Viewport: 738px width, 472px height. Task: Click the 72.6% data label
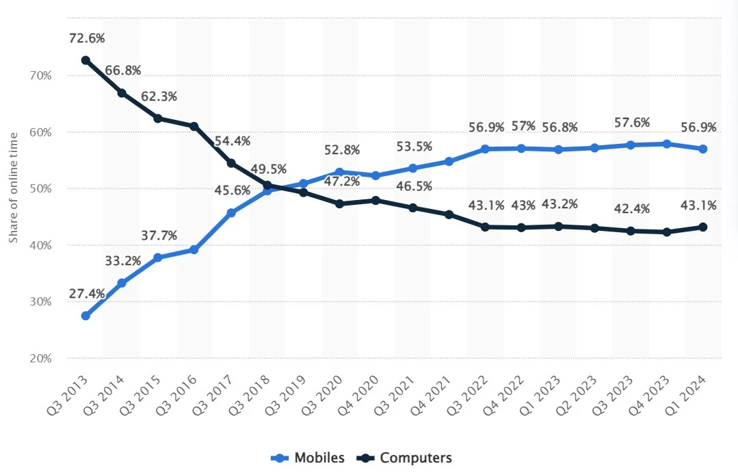click(87, 38)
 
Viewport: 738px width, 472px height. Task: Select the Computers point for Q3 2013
click(85, 60)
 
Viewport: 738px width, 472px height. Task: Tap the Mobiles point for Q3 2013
click(85, 316)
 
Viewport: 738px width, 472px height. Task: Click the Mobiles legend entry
click(308, 458)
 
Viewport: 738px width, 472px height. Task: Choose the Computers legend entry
click(404, 458)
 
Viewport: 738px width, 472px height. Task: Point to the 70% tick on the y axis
click(40, 76)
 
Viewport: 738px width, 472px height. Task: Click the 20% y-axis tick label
click(40, 358)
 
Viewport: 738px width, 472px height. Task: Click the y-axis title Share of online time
click(13, 188)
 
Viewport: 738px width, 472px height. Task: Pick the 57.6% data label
click(632, 123)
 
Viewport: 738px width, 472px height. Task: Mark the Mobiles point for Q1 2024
click(703, 149)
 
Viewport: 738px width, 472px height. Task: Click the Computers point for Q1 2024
click(703, 227)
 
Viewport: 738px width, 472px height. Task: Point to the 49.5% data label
click(269, 169)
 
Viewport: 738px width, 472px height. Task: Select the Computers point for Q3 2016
click(194, 126)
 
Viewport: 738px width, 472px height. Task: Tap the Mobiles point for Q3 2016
click(194, 249)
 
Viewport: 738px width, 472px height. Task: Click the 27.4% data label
click(87, 294)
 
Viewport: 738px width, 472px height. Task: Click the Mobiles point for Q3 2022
click(485, 149)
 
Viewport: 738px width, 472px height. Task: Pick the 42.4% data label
click(632, 208)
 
